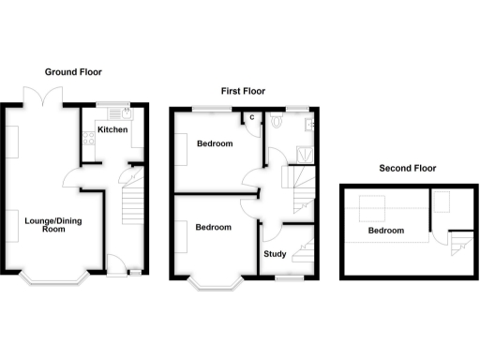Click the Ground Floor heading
[72, 71]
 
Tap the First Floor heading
[243, 91]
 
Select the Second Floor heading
[407, 169]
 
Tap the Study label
[275, 253]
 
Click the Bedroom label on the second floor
[385, 231]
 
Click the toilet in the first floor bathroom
[277, 122]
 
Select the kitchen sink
[127, 114]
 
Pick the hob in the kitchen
[87, 143]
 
